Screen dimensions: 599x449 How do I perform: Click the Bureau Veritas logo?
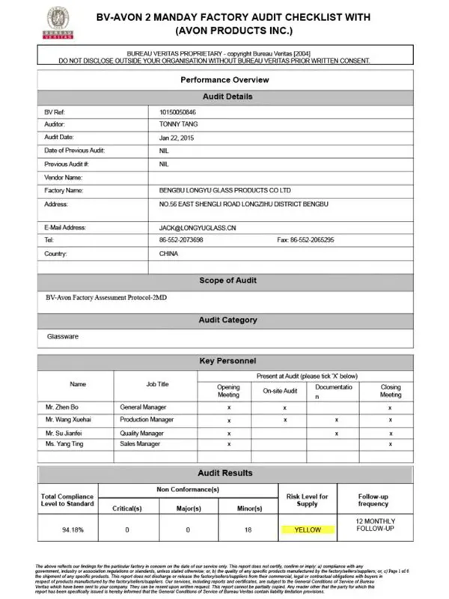pyautogui.click(x=55, y=24)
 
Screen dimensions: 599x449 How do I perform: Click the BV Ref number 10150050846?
pyautogui.click(x=178, y=112)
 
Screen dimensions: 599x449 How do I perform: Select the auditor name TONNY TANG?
pyautogui.click(x=177, y=124)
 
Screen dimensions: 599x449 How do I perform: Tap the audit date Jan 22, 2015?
pyautogui.click(x=176, y=137)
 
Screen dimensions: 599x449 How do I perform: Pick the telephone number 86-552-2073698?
pyautogui.click(x=181, y=240)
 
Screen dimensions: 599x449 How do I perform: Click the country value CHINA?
pyautogui.click(x=169, y=253)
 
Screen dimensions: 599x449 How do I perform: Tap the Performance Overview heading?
pyautogui.click(x=225, y=79)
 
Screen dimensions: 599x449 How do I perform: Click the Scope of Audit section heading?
pyautogui.click(x=227, y=280)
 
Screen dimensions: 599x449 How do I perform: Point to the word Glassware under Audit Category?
pyautogui.click(x=62, y=336)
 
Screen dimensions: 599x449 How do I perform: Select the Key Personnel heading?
pyautogui.click(x=227, y=361)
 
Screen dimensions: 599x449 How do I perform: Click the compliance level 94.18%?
pyautogui.click(x=67, y=529)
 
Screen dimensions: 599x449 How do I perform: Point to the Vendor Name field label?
pyautogui.click(x=63, y=177)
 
